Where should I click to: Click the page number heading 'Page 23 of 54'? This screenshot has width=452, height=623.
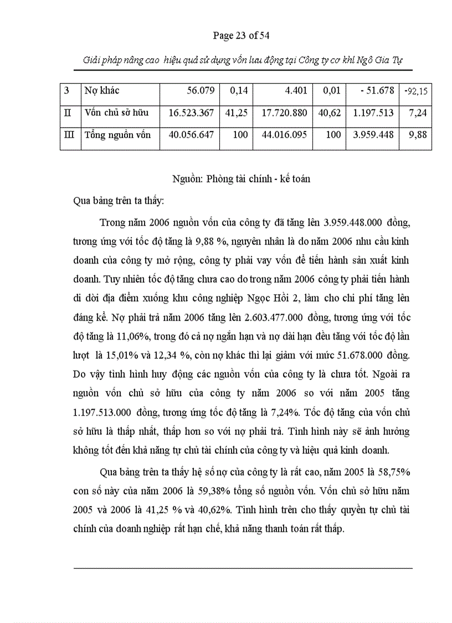[x=241, y=36]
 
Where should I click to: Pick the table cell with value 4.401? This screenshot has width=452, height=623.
[x=293, y=90]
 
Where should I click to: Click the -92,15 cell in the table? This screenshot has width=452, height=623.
[x=415, y=91]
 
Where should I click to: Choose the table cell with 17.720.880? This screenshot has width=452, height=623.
[x=283, y=113]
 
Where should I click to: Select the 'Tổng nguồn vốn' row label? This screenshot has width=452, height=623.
[x=117, y=135]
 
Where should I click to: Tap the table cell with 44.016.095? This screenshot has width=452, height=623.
[x=283, y=135]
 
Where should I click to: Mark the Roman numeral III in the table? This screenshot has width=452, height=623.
[x=69, y=135]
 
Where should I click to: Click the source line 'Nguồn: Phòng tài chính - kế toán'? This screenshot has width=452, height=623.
[x=241, y=179]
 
